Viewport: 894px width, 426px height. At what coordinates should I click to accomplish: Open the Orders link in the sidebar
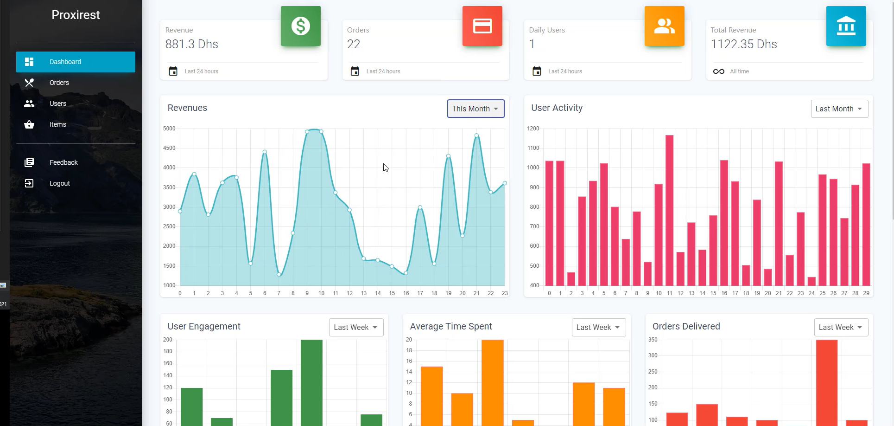tap(59, 83)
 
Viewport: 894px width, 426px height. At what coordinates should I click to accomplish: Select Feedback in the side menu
tap(63, 162)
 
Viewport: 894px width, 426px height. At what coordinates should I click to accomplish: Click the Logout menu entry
tap(59, 183)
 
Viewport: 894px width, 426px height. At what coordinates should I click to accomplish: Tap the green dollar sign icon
tap(300, 26)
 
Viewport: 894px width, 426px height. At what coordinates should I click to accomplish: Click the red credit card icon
tap(482, 26)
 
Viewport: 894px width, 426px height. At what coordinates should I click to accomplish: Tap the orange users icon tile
tap(664, 26)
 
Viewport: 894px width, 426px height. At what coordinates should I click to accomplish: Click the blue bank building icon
tap(846, 26)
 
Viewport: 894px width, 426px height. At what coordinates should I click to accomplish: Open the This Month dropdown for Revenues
tap(476, 109)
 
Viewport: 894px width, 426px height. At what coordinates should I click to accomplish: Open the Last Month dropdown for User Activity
tap(839, 109)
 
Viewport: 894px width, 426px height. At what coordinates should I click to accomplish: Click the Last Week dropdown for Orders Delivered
tap(841, 327)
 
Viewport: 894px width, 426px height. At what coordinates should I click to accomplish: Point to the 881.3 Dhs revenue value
tap(192, 44)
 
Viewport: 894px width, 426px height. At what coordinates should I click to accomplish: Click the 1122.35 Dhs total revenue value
tap(744, 44)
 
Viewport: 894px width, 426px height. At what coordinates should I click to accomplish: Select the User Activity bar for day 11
tap(669, 210)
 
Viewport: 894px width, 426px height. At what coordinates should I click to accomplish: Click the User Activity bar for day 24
tap(812, 281)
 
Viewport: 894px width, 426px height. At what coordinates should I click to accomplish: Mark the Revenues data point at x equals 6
tap(265, 152)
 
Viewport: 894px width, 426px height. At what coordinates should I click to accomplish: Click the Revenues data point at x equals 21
tap(476, 136)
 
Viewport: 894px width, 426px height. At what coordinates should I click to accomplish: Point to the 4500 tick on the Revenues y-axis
tap(169, 148)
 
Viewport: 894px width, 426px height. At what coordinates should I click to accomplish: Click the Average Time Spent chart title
tap(451, 326)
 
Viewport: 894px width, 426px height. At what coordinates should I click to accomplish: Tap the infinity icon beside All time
tap(718, 71)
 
